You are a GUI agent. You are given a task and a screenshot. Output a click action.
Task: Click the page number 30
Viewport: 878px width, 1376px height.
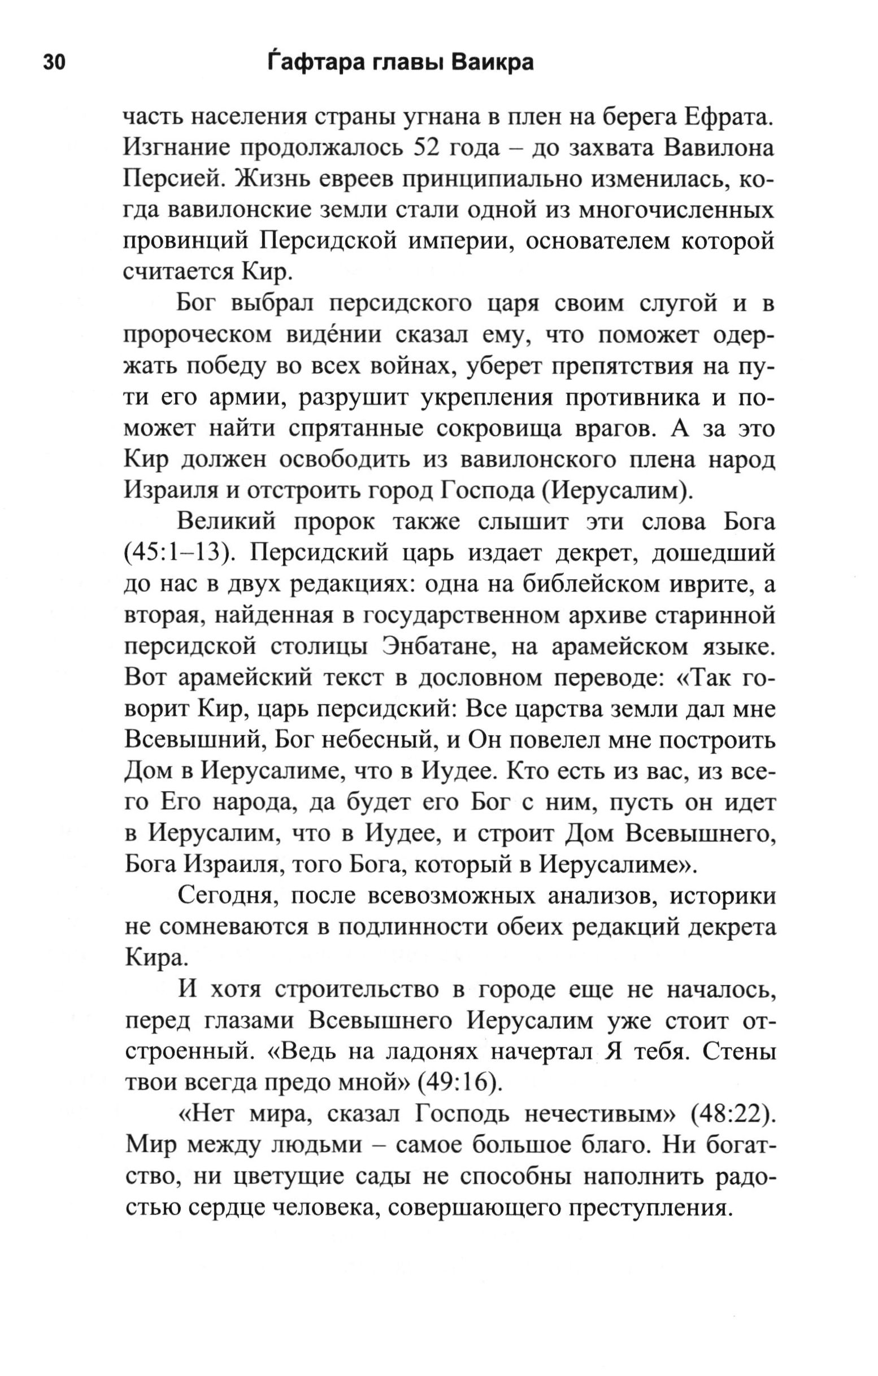54,62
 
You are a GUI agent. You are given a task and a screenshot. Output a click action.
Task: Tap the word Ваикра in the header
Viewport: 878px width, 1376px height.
493,62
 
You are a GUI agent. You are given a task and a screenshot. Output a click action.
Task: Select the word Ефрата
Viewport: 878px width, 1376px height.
729,117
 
